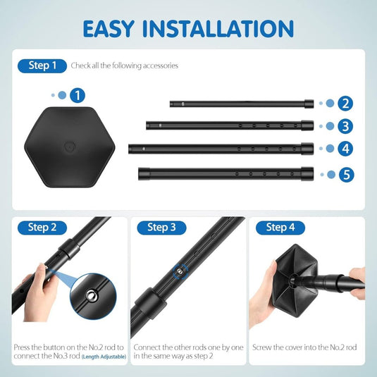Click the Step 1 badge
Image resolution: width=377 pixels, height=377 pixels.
[42, 66]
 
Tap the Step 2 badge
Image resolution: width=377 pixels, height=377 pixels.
[42, 228]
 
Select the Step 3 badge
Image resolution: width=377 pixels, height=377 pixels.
[161, 228]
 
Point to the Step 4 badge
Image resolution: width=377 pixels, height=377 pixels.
[280, 228]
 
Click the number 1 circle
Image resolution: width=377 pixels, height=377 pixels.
[78, 95]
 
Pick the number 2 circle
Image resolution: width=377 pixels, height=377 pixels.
[345, 104]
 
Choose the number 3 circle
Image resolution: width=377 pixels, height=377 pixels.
[345, 126]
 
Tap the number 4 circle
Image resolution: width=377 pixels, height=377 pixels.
[345, 149]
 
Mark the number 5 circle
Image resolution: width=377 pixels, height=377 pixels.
[347, 175]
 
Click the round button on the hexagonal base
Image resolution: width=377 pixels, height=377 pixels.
[70, 147]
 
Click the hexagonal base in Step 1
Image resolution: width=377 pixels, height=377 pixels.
[70, 147]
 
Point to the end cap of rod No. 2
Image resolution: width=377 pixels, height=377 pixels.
[309, 104]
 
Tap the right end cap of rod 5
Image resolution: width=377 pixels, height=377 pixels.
[307, 174]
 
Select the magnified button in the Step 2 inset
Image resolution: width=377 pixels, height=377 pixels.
[92, 295]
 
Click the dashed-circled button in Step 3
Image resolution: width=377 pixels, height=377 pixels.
[180, 271]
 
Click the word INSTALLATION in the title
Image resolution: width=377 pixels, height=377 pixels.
[218, 29]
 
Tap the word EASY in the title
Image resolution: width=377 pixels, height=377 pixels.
[109, 29]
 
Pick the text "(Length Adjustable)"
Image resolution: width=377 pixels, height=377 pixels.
[104, 357]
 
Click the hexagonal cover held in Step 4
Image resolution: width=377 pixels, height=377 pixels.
[296, 280]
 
